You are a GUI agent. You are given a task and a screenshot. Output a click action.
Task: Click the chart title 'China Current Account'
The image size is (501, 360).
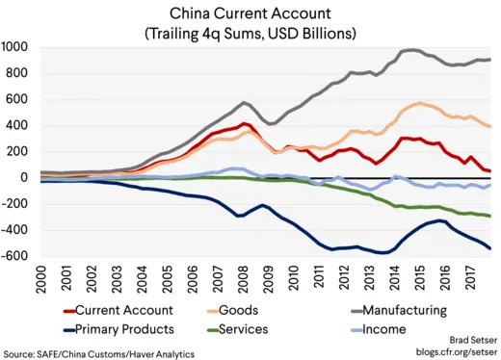250,13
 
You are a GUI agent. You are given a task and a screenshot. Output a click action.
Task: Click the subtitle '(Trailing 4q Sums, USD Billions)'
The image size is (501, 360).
250,33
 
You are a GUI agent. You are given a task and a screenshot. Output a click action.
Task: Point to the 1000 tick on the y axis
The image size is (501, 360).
15,47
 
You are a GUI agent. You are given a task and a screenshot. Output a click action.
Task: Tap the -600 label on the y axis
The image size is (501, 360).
15,256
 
